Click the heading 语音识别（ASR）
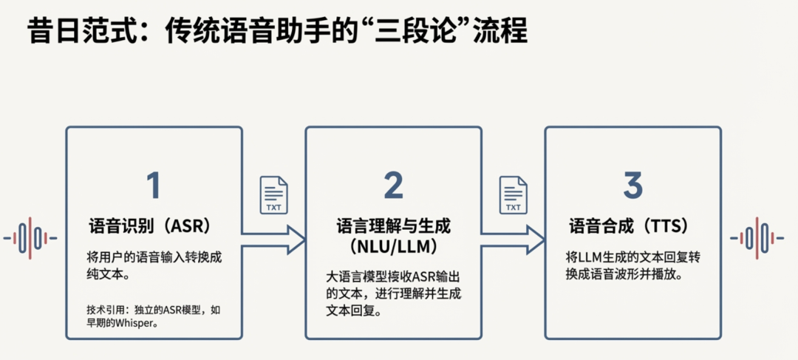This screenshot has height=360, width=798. click(154, 225)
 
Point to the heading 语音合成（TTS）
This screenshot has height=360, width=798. click(633, 225)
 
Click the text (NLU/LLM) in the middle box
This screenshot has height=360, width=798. click(393, 245)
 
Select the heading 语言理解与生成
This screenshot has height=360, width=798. click(393, 225)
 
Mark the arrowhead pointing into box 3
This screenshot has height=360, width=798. click(536, 239)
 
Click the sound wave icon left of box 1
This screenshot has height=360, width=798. click(30, 238)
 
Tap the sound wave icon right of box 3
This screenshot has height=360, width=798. click(757, 238)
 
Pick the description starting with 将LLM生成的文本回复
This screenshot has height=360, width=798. click(632, 267)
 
